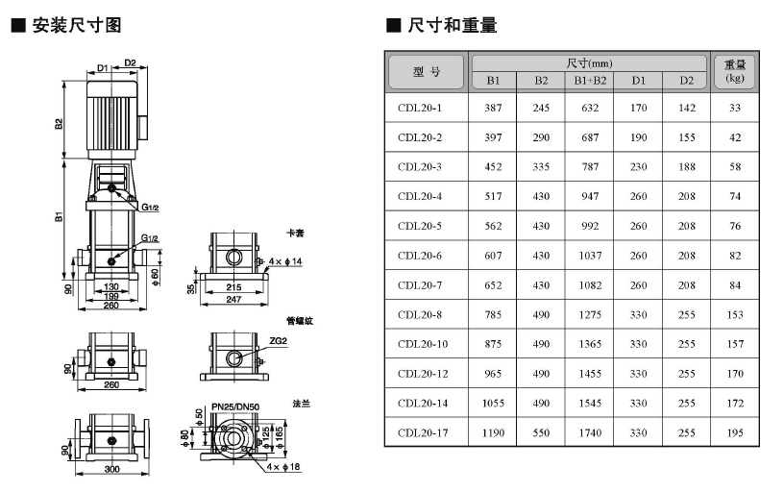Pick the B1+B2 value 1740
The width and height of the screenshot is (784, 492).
590,433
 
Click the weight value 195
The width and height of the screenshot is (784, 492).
735,433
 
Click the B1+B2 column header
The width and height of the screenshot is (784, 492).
590,81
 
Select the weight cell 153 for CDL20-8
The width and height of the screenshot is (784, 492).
735,314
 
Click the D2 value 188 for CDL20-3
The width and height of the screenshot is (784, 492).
686,167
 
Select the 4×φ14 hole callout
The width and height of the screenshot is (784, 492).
285,261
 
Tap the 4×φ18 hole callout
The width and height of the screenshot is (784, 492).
286,466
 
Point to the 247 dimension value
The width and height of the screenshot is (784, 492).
233,301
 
